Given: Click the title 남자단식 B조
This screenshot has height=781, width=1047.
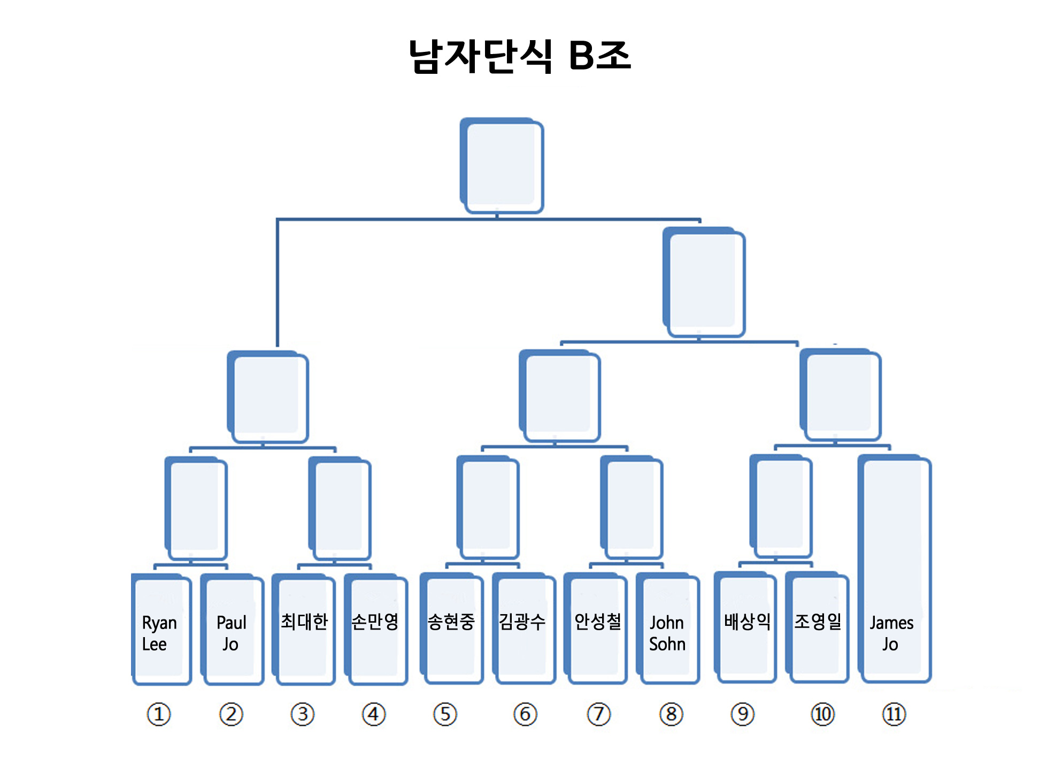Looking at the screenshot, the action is click(x=520, y=56).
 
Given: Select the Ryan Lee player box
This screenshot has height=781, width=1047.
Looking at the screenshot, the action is click(x=161, y=629).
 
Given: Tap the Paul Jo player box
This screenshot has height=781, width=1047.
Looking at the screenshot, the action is click(x=232, y=629).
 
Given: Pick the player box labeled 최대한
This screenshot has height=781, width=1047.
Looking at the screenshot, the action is click(x=303, y=629).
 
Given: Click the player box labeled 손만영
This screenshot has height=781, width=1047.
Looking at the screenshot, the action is click(x=375, y=629).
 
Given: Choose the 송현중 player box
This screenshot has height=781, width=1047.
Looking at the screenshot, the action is click(x=451, y=628).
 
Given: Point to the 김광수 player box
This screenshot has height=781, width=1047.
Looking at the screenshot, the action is click(x=523, y=628).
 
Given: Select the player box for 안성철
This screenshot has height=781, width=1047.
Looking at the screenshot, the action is click(x=595, y=628).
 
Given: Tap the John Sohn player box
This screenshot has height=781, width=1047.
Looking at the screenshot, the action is click(x=667, y=628).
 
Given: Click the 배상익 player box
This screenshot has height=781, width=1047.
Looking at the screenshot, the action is click(x=745, y=627).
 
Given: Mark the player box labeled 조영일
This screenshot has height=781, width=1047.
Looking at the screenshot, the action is click(x=817, y=627).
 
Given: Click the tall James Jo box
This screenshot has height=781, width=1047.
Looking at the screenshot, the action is click(x=894, y=569).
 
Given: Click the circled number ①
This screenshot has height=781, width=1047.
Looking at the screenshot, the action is click(x=159, y=714).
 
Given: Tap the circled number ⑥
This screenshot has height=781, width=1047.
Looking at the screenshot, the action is click(x=525, y=714).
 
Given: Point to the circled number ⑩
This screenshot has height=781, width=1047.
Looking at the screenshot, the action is click(x=822, y=714).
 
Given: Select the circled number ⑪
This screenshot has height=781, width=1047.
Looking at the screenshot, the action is click(x=894, y=714).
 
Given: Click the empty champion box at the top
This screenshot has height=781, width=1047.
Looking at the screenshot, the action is click(x=502, y=165).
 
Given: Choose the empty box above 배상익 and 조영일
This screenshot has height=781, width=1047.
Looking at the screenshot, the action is click(x=781, y=507).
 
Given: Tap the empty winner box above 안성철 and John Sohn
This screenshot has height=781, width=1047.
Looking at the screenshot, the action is click(x=632, y=508).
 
